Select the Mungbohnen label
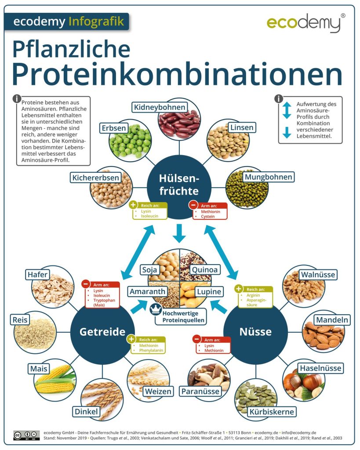click(268, 177)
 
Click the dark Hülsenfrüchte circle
click(179, 185)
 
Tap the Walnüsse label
click(318, 275)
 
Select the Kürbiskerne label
click(272, 412)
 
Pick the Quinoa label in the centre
click(205, 269)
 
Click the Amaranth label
click(148, 291)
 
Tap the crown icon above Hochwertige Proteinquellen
click(155, 309)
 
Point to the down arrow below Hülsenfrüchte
click(179, 233)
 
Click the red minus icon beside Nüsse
click(196, 339)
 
